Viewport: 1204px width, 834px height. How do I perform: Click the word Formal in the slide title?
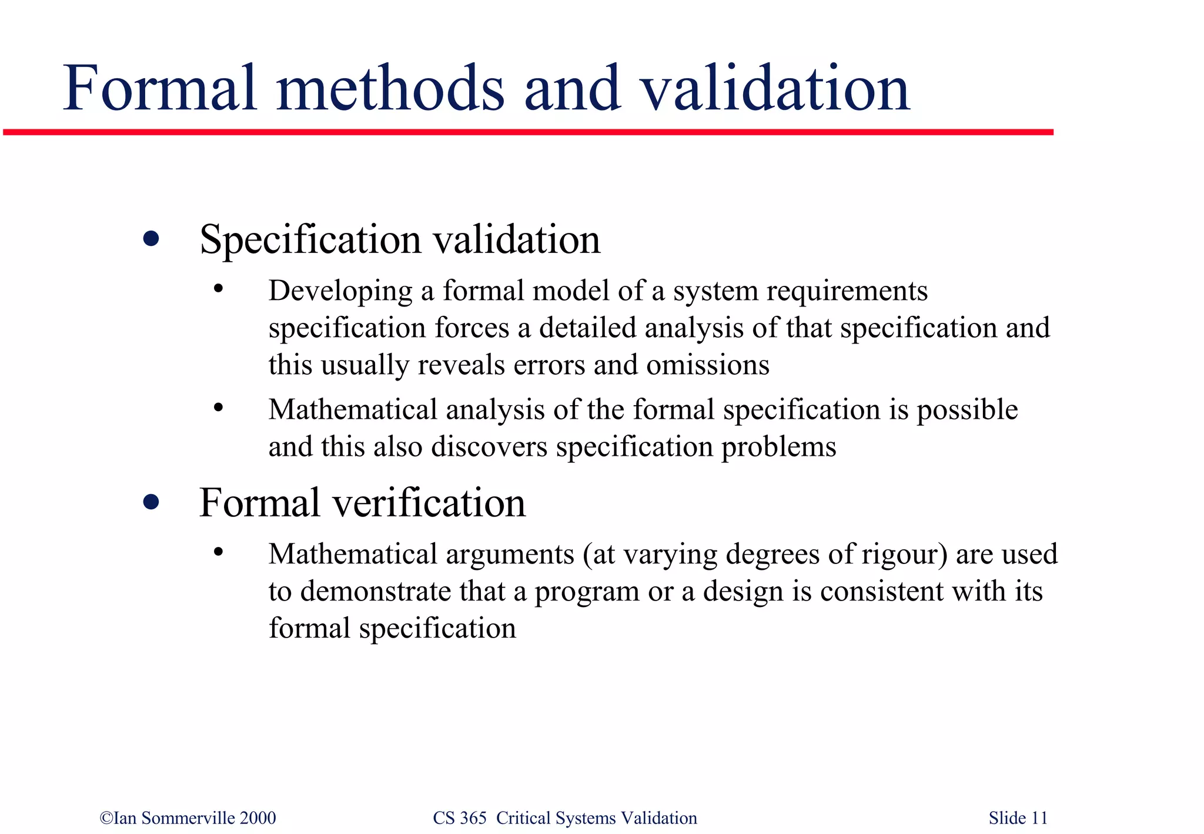click(160, 89)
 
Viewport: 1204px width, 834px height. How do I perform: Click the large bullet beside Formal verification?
click(151, 502)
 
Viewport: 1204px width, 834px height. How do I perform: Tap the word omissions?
click(708, 365)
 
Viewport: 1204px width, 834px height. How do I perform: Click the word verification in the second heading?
click(430, 503)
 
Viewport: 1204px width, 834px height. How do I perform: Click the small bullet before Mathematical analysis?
click(219, 407)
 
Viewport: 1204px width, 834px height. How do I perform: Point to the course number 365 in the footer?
click(473, 818)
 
